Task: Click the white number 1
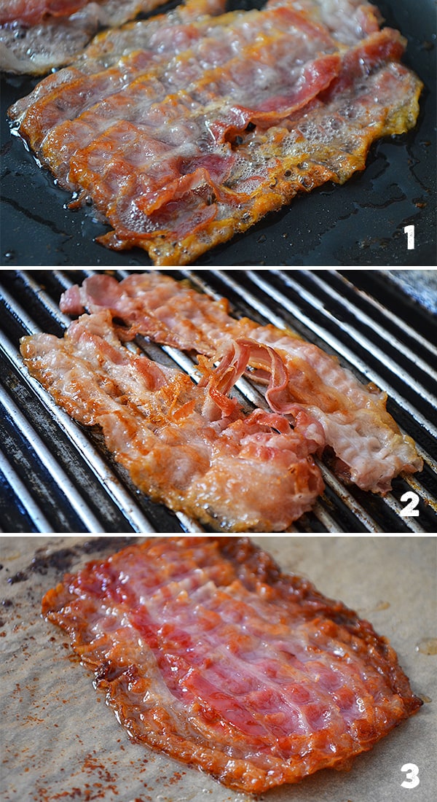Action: click(409, 237)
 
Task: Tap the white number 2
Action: click(409, 505)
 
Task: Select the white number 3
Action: click(411, 776)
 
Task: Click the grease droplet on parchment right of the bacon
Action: click(426, 647)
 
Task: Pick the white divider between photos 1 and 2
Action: click(219, 268)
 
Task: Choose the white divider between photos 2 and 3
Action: click(219, 534)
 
